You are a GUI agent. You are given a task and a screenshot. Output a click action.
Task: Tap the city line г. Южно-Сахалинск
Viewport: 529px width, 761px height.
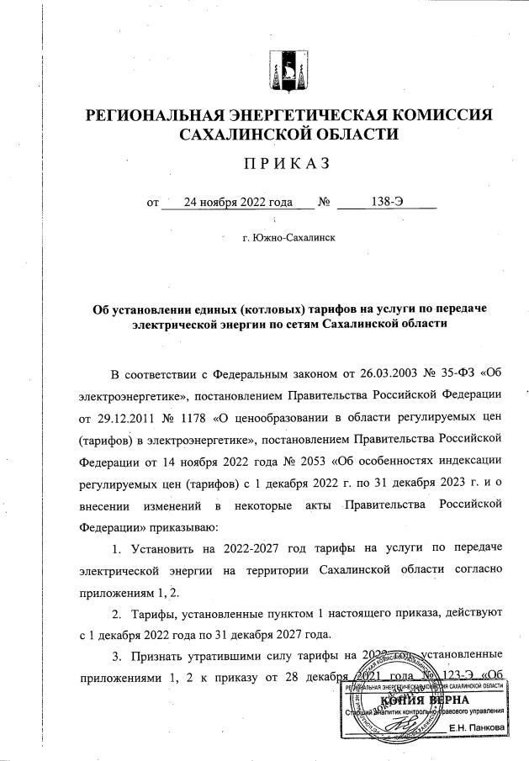coord(288,239)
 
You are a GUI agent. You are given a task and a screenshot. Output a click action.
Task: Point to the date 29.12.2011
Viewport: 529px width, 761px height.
coord(130,417)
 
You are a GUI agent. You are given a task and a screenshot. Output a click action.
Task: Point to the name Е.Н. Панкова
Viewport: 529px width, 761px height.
coord(477,727)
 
